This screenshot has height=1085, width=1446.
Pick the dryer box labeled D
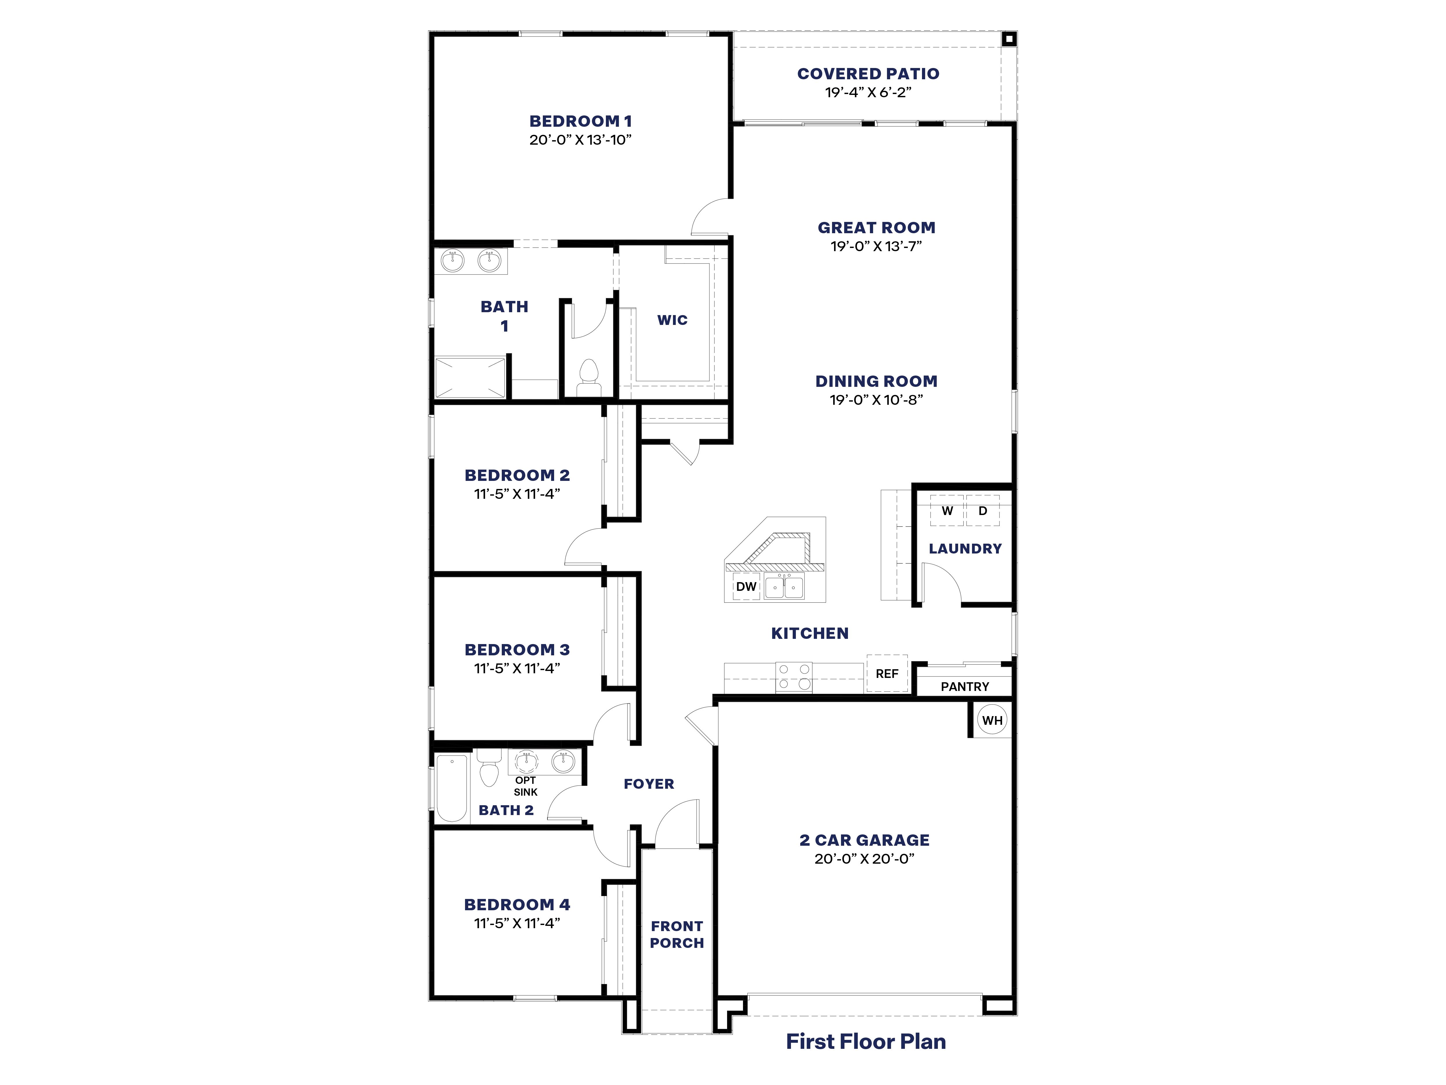coord(982,511)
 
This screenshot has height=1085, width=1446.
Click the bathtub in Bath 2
coord(452,788)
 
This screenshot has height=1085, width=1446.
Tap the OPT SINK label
coord(525,786)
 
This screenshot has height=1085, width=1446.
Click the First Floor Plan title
coord(866,1041)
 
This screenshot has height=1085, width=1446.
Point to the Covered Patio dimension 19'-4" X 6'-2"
coord(868,92)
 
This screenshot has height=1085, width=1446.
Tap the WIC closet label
coord(672,320)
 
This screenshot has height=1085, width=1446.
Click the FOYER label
coord(648,784)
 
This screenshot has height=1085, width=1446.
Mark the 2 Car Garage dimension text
coord(864,859)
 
